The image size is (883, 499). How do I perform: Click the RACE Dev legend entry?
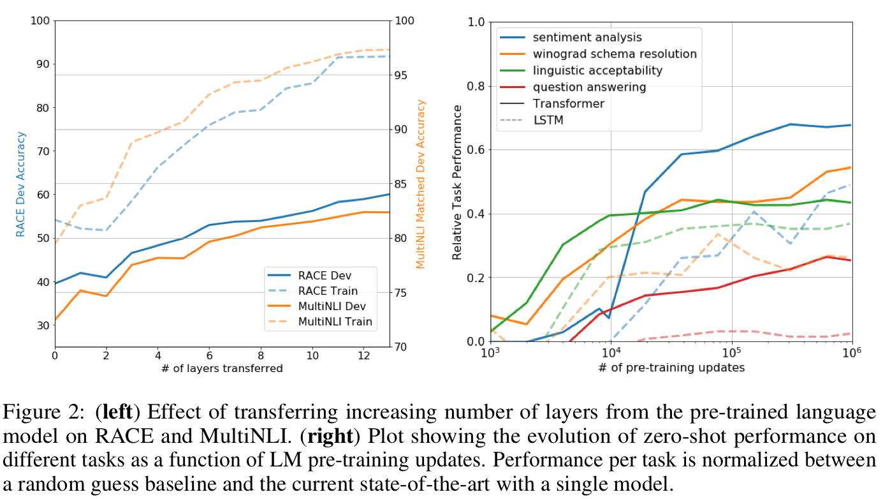325,276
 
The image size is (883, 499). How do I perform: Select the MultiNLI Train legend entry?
335,322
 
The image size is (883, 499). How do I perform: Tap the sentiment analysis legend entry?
587,38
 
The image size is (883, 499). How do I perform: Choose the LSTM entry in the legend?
548,119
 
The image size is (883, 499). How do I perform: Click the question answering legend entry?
590,87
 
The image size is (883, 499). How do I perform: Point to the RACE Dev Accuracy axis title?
21,184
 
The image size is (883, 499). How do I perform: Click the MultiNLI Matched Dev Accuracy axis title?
421,184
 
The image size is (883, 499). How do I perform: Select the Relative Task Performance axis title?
457,182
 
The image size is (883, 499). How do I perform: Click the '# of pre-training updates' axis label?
671,368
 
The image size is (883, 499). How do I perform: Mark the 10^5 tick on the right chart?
731,352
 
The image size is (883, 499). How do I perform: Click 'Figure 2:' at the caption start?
41,413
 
